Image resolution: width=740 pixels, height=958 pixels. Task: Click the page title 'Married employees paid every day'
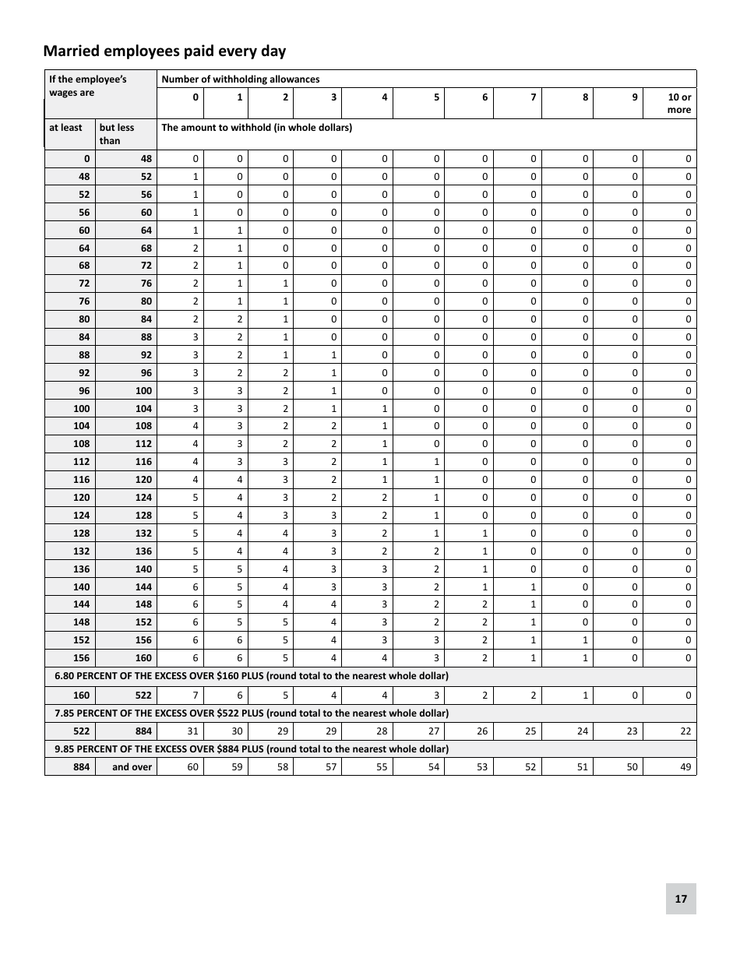click(164, 51)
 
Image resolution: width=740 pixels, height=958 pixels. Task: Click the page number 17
click(681, 899)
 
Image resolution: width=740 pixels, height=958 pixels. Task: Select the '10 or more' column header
click(679, 104)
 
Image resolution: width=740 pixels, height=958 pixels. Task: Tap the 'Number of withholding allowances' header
click(240, 79)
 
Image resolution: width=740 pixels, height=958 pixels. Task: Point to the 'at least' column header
click(65, 128)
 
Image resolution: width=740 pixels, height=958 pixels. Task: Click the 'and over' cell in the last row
click(132, 767)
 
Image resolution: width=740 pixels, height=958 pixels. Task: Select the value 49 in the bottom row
click(685, 767)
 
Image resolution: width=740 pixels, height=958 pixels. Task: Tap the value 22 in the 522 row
click(685, 731)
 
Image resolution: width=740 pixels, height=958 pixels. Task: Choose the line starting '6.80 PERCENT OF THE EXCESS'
click(252, 676)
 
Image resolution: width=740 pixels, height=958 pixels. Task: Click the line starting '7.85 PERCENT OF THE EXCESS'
click(252, 713)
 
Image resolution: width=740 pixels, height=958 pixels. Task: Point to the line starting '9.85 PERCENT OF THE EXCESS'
click(252, 749)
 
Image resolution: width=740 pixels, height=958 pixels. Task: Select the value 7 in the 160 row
click(196, 695)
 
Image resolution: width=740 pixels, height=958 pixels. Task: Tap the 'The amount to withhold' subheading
click(256, 128)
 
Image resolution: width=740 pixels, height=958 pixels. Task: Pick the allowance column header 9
click(635, 97)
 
